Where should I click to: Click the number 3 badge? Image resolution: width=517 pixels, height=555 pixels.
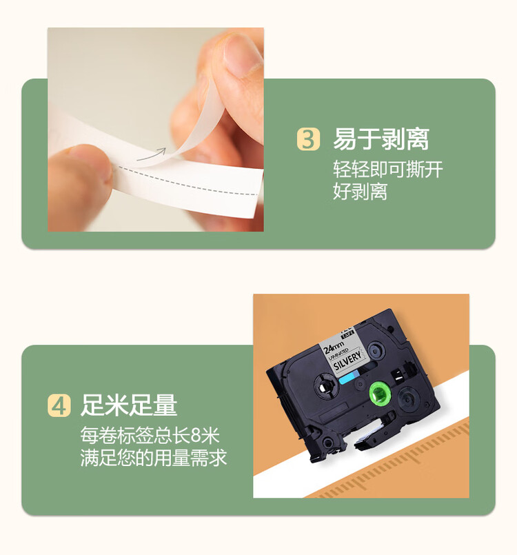pos(309,139)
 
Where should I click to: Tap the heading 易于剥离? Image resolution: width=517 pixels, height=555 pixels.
pos(381,139)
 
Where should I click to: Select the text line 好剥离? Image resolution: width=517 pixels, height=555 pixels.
pos(360,191)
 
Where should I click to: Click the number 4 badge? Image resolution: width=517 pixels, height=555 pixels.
pos(59,405)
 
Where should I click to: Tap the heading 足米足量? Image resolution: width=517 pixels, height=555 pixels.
pos(129,405)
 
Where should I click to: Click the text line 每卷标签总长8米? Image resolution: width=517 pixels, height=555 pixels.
pos(150,436)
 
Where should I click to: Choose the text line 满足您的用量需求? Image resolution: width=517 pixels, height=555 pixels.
pos(153,457)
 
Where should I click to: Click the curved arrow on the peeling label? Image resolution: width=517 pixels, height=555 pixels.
pos(152,154)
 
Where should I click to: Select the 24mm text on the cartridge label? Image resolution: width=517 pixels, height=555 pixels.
pos(336,343)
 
